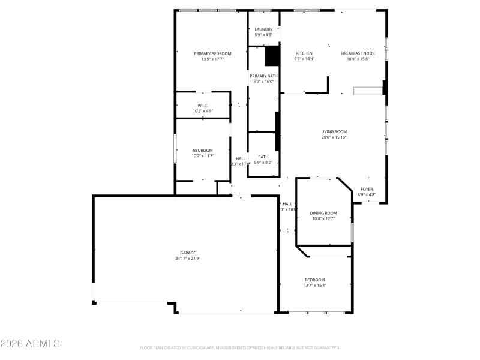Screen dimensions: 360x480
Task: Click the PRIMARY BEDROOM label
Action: click(x=212, y=53)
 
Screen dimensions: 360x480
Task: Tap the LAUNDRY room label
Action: click(x=263, y=29)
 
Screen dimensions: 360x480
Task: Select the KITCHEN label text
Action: click(x=304, y=53)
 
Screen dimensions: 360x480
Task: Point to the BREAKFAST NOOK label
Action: click(x=358, y=53)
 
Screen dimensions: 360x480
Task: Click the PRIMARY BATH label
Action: click(x=263, y=76)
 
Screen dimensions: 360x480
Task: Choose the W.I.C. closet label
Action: click(x=202, y=106)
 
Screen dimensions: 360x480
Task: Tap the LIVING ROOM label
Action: click(x=334, y=132)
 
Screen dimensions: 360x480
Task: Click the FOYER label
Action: click(x=367, y=189)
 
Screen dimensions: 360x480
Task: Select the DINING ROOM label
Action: click(x=323, y=213)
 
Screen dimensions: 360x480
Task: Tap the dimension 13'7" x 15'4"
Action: click(x=315, y=286)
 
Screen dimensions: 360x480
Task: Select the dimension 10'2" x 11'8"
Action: click(x=203, y=156)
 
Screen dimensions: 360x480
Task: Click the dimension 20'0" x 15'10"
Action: click(x=334, y=137)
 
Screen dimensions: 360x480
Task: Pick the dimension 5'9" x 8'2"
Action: click(x=263, y=162)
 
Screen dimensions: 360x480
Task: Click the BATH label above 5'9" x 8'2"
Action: click(x=263, y=157)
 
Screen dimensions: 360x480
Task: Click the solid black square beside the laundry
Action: click(x=272, y=56)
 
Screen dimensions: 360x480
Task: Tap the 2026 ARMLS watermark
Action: click(x=30, y=344)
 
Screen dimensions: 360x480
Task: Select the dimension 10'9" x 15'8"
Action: click(x=358, y=59)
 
